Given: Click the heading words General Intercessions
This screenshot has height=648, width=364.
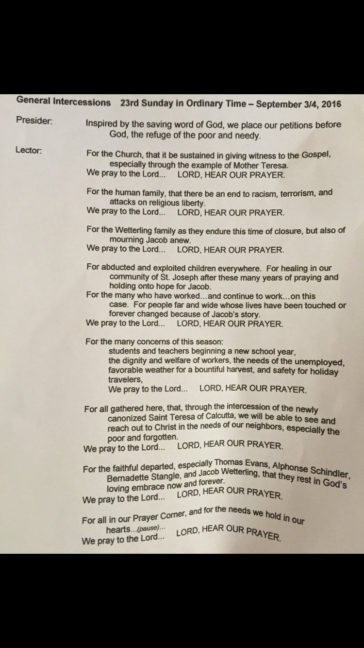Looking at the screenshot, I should (64, 102).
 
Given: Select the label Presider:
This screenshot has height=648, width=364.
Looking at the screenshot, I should (34, 120).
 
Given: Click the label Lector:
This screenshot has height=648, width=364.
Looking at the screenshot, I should (29, 150).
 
